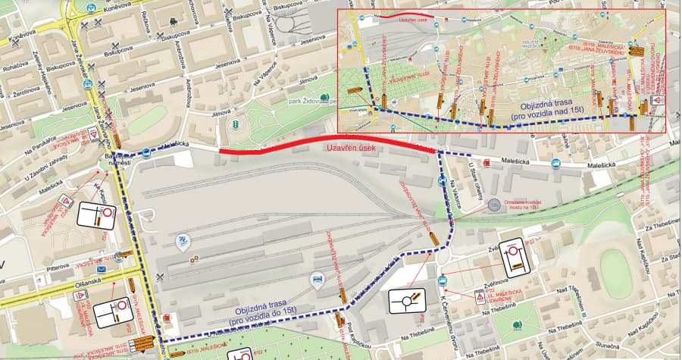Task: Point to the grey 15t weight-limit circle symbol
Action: pos(494,205)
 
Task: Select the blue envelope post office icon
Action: pos(101,270)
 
